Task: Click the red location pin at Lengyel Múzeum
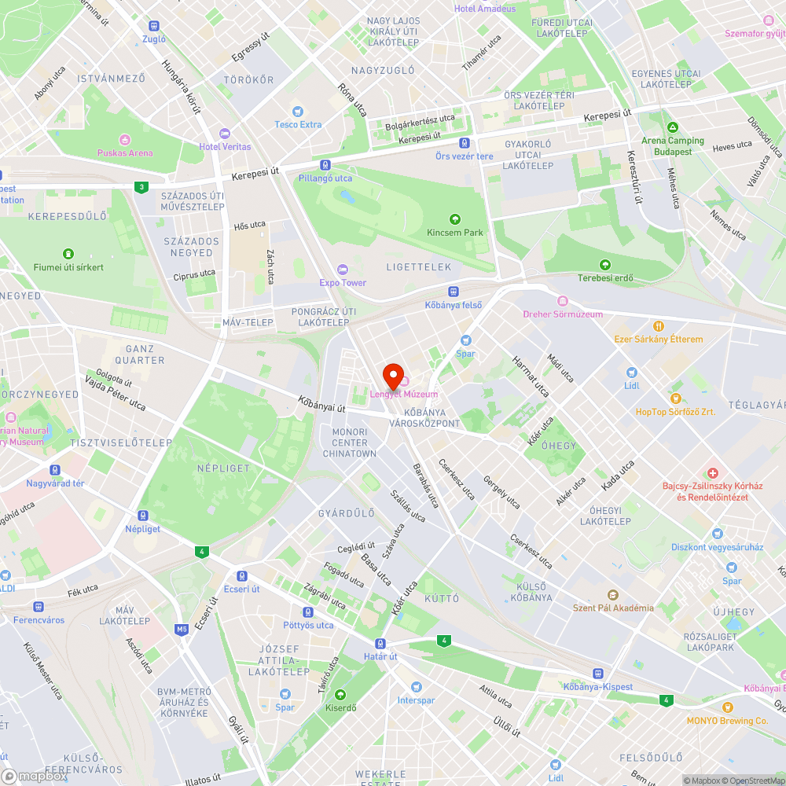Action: [x=392, y=374]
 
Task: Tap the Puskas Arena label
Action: [x=124, y=152]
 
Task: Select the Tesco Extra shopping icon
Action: [x=297, y=112]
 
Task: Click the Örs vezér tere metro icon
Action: [x=465, y=143]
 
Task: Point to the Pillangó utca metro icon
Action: [x=325, y=165]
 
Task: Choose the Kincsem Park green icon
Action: [x=454, y=219]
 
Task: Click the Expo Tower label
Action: [x=343, y=282]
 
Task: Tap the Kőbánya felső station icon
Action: [x=454, y=291]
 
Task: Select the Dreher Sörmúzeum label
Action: [x=563, y=314]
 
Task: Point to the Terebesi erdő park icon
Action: [x=604, y=265]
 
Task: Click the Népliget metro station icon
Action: [x=143, y=516]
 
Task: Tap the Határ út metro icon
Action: [x=380, y=643]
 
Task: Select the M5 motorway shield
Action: [x=182, y=629]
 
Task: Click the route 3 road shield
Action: [x=141, y=187]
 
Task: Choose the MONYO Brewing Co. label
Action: [x=727, y=720]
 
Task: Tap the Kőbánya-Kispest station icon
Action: [x=598, y=674]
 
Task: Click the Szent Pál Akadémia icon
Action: [x=613, y=594]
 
